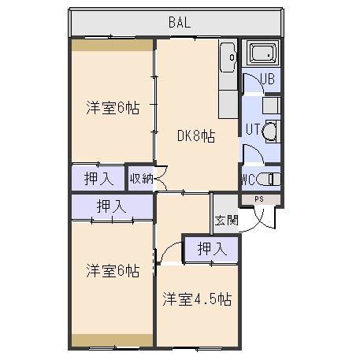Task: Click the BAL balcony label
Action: (180, 22)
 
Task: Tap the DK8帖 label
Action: (196, 136)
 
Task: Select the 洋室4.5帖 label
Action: (197, 299)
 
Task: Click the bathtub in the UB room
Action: (261, 54)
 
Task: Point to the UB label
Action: (268, 79)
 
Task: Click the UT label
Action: (253, 129)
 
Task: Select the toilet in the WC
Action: (268, 180)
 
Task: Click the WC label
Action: (248, 180)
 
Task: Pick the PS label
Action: (259, 199)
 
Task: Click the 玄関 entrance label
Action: (226, 221)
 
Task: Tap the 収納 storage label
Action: (141, 179)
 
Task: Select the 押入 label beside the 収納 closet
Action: (98, 179)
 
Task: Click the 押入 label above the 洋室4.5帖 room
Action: (212, 249)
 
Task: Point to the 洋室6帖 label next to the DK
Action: (113, 107)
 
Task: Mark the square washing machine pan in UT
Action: (271, 106)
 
